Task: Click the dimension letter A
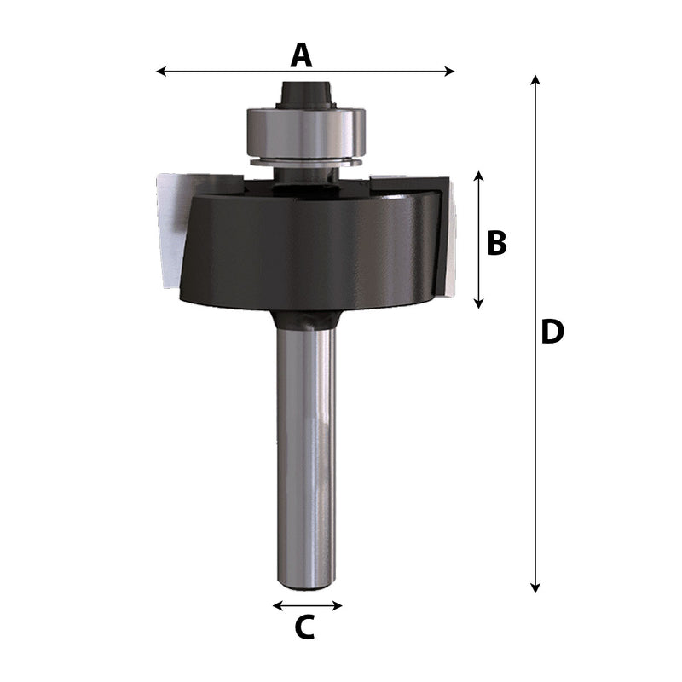(x=302, y=55)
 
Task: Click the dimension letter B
(x=497, y=244)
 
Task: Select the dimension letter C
(x=305, y=628)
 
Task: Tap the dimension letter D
(x=552, y=332)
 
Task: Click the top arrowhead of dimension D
(x=535, y=79)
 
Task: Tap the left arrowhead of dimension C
(x=276, y=606)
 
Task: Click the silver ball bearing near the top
(x=305, y=132)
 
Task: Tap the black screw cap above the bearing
(x=305, y=92)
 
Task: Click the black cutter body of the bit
(x=307, y=251)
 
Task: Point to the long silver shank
(x=305, y=452)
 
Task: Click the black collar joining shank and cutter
(x=304, y=320)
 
